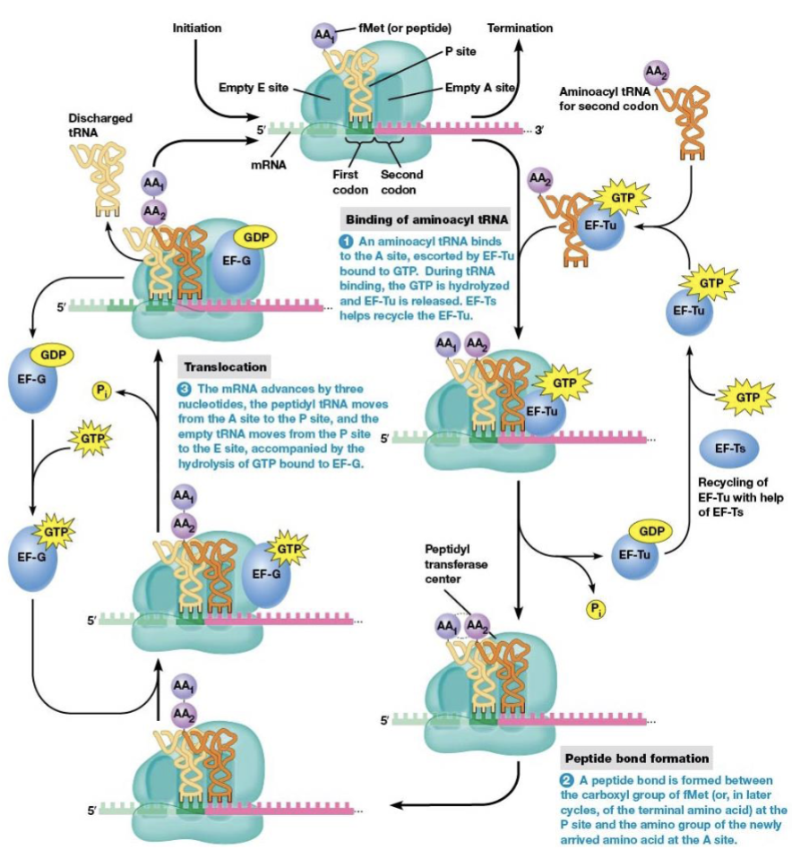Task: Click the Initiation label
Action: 196,29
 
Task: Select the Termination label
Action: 520,29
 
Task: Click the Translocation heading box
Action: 225,367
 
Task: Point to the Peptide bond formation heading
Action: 635,759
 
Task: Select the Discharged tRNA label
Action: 99,124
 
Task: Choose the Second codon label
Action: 401,182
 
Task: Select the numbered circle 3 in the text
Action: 185,390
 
